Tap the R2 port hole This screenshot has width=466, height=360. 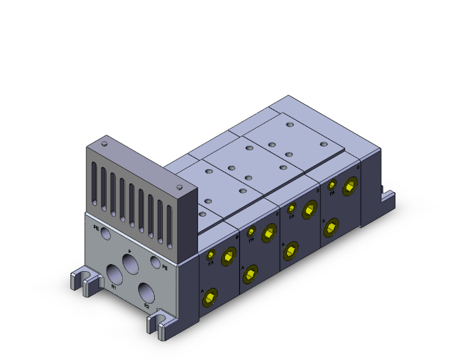[147, 292]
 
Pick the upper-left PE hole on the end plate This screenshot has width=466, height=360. [105, 234]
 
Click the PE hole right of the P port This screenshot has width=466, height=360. [155, 261]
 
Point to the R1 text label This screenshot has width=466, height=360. [113, 287]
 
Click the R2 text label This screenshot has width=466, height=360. [147, 306]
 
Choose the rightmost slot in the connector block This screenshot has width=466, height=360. [170, 221]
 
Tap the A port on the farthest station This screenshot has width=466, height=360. [330, 227]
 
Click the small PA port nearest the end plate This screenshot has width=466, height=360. [210, 255]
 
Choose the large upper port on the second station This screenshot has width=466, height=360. [269, 232]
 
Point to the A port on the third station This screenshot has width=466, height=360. [290, 251]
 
